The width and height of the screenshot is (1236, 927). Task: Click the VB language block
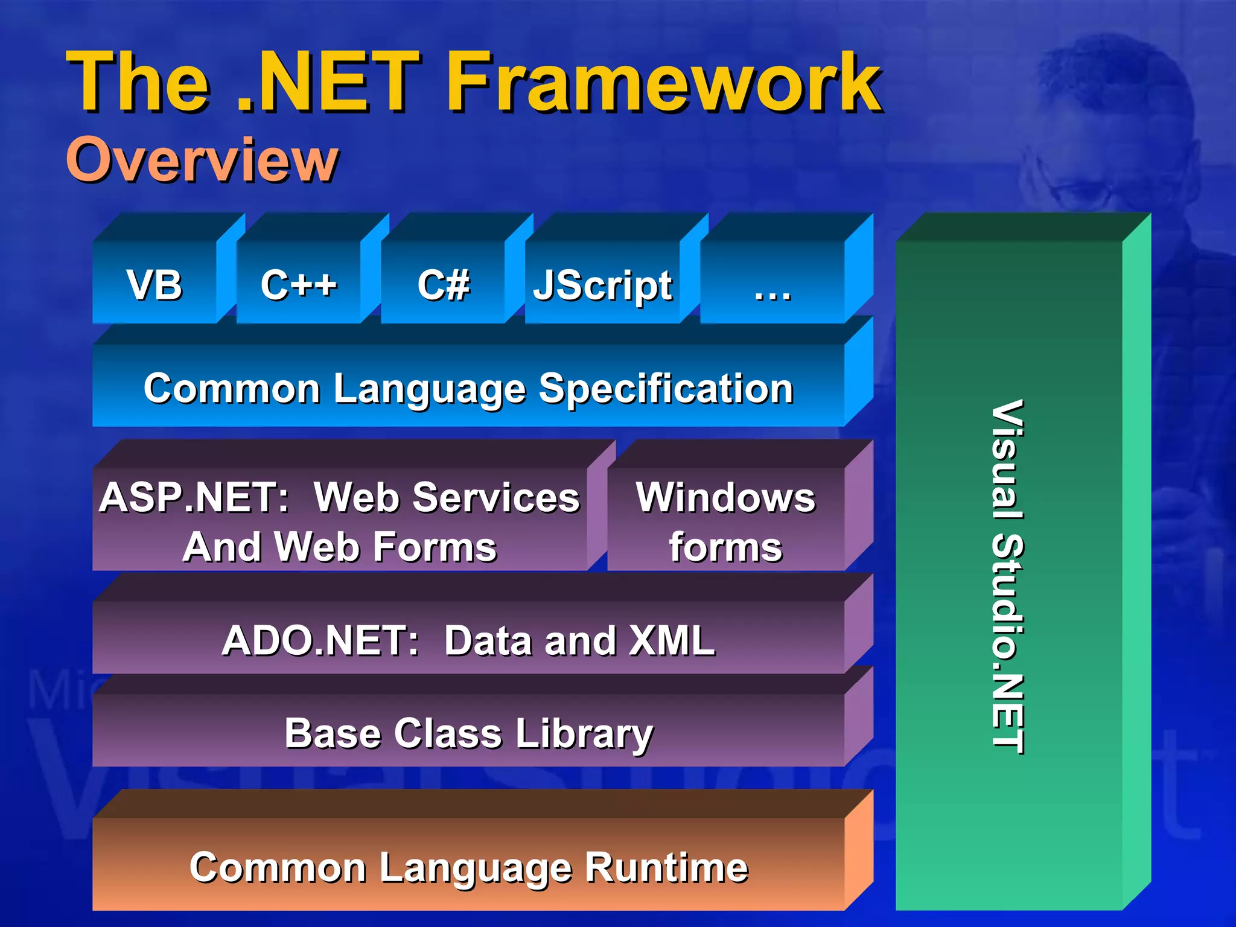(154, 284)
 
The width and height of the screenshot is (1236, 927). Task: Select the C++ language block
(299, 284)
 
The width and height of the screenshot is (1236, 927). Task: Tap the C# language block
(444, 284)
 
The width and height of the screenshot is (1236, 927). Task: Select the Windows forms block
(725, 521)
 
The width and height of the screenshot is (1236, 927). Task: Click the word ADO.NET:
(320, 640)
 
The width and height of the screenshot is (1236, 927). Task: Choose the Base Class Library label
(469, 734)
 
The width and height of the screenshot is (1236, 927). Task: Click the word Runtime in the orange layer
(666, 868)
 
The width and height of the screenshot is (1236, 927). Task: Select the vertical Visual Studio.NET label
(1007, 576)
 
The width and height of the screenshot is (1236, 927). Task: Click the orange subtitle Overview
(202, 159)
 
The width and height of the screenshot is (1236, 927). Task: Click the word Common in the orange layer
(278, 868)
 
